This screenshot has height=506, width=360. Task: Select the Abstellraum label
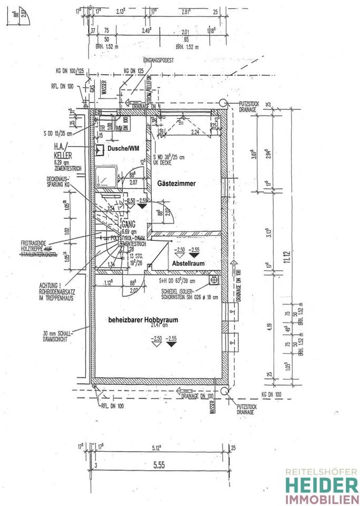[x=187, y=264]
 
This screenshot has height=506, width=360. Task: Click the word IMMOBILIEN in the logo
[x=321, y=499]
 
